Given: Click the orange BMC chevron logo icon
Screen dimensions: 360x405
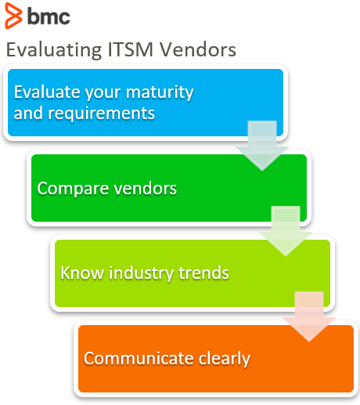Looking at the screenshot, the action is click(13, 16).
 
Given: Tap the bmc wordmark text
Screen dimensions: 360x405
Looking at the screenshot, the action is click(49, 16).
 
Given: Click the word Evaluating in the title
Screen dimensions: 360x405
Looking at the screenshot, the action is click(54, 50).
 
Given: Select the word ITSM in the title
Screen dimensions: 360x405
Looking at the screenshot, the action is click(130, 49).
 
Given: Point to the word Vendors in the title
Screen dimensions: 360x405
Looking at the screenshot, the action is click(198, 49).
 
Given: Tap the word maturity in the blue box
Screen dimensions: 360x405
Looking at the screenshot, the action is click(160, 93).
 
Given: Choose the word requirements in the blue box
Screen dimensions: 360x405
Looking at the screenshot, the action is click(101, 114).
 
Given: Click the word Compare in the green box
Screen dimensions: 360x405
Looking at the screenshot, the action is click(73, 189).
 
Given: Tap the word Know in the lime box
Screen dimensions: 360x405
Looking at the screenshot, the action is click(82, 273).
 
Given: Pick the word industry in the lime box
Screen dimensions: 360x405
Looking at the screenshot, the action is click(141, 273).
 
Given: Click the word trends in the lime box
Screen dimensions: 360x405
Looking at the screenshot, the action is click(203, 273).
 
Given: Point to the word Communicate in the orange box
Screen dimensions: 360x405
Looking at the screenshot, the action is click(139, 358).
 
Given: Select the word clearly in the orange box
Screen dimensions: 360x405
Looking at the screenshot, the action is click(225, 359).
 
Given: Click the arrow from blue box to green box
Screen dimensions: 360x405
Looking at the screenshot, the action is click(262, 146).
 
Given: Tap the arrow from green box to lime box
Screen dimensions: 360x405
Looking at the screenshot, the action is click(286, 231).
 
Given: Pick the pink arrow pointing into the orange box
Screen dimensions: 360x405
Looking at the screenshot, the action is click(309, 316).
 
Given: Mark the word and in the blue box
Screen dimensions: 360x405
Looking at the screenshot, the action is click(28, 114).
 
